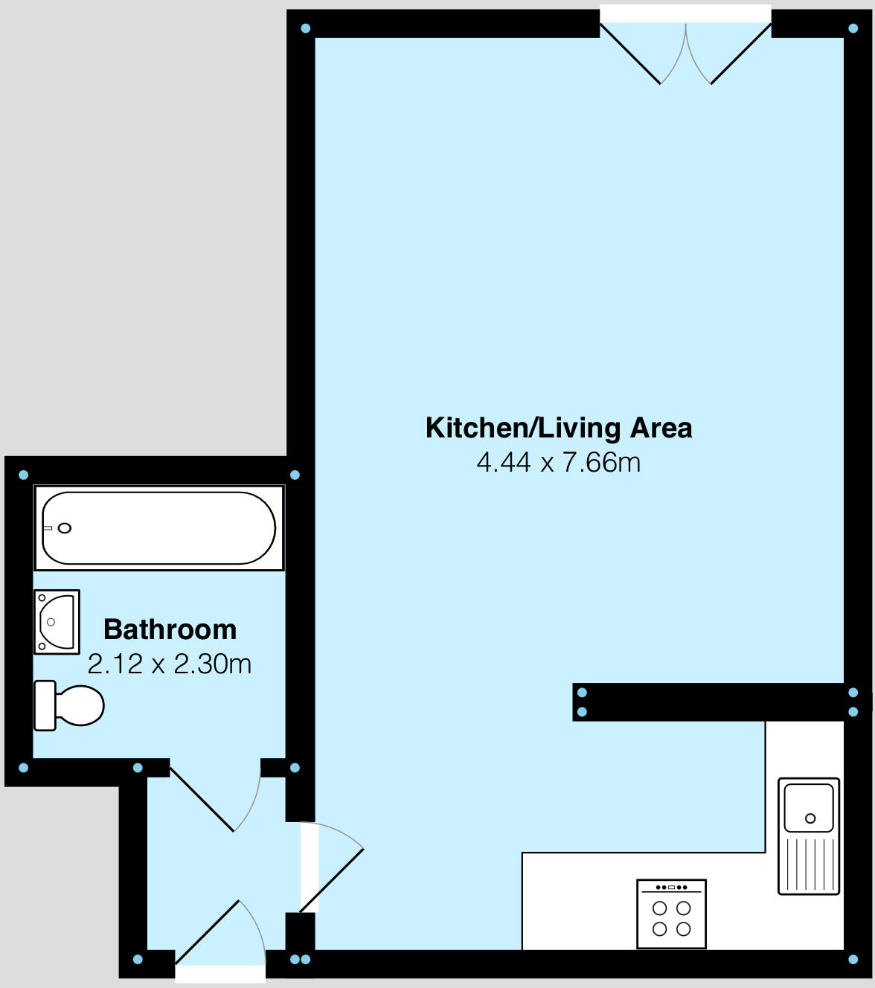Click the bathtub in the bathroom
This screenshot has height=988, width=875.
point(158,528)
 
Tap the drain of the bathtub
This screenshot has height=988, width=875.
point(65,528)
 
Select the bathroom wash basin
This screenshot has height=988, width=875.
point(57,622)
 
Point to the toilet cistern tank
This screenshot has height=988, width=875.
point(45,705)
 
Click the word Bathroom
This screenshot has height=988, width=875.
point(170,629)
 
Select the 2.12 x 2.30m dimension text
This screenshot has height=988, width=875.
point(170,664)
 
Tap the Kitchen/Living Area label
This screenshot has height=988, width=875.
point(559,428)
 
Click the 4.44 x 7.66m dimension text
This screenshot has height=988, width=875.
point(559,462)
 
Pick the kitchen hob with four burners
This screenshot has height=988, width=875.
point(671,914)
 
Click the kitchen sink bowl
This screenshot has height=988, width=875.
point(809,806)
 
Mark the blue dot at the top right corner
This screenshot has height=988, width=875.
point(853,29)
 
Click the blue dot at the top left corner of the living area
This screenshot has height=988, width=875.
point(305,29)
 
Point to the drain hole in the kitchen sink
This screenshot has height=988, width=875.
point(810,818)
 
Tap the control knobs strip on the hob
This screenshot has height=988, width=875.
point(671,888)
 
